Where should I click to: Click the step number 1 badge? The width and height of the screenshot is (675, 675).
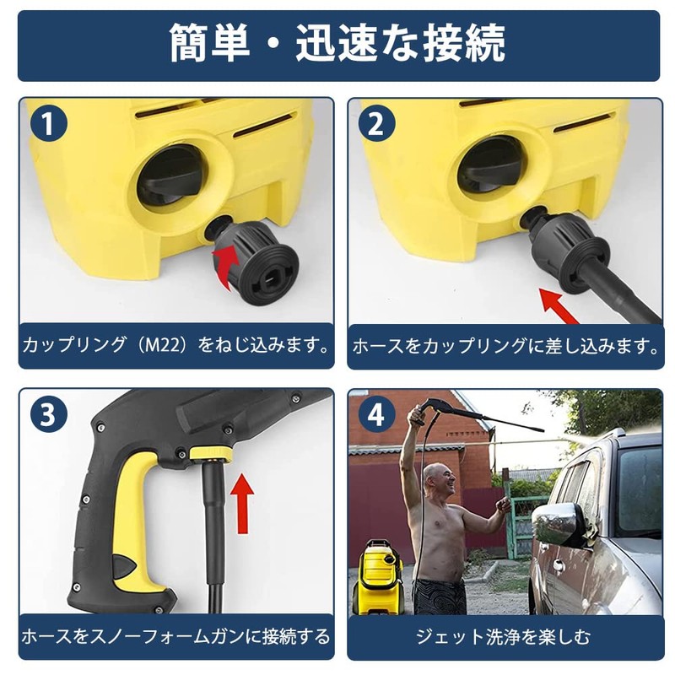click(49, 125)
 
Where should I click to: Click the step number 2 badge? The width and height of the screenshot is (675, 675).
click(376, 125)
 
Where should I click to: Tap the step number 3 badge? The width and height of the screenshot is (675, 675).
click(49, 415)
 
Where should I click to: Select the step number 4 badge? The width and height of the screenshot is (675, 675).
click(376, 415)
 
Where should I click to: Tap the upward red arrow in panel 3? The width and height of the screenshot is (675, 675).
click(243, 501)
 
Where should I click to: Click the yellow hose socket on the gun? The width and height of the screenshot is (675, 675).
click(210, 454)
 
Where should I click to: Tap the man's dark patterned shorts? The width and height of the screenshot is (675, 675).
click(439, 596)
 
